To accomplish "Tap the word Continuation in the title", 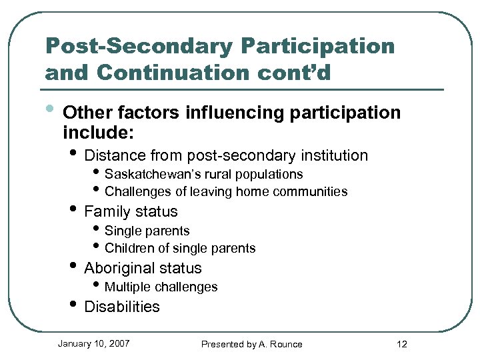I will coord(177,71).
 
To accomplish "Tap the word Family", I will coord(105,212).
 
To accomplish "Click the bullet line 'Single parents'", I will coord(147,231).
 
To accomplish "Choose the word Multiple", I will coord(128,287).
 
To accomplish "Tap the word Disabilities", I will coord(122,307).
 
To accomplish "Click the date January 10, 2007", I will coord(93,344).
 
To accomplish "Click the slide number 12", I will coord(401,344).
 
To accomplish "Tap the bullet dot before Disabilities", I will coord(73,306).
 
